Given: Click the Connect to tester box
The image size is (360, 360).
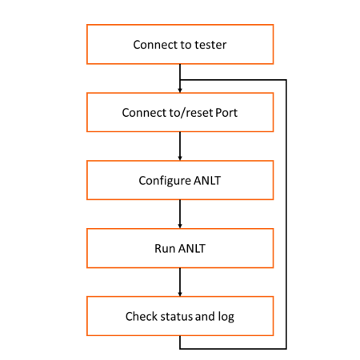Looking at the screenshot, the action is [180, 44].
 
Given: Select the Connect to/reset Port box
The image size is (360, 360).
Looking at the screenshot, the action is [180, 112].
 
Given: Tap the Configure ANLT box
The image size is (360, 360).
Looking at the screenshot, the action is [180, 180].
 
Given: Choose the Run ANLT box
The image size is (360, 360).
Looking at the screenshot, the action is [180, 248].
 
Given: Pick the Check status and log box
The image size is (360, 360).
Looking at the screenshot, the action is [180, 316].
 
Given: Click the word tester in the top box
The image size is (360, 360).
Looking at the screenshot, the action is [210, 45].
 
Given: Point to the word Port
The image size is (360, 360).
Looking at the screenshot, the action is [226, 113].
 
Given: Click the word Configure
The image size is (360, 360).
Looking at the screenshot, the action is [165, 181].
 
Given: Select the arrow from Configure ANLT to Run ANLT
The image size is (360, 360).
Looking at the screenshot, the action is [180, 214].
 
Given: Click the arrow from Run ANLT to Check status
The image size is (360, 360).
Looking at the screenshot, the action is [180, 282].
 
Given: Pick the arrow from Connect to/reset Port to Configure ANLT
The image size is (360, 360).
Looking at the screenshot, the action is [180, 146].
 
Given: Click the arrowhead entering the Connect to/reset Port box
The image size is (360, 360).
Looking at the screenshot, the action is [180, 90].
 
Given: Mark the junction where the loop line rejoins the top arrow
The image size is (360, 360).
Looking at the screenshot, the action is [180, 80].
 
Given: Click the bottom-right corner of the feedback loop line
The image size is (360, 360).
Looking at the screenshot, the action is [286, 348].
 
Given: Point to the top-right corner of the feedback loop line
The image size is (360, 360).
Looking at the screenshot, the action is [286, 80].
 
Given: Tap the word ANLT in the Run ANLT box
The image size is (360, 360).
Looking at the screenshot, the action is [192, 249].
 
